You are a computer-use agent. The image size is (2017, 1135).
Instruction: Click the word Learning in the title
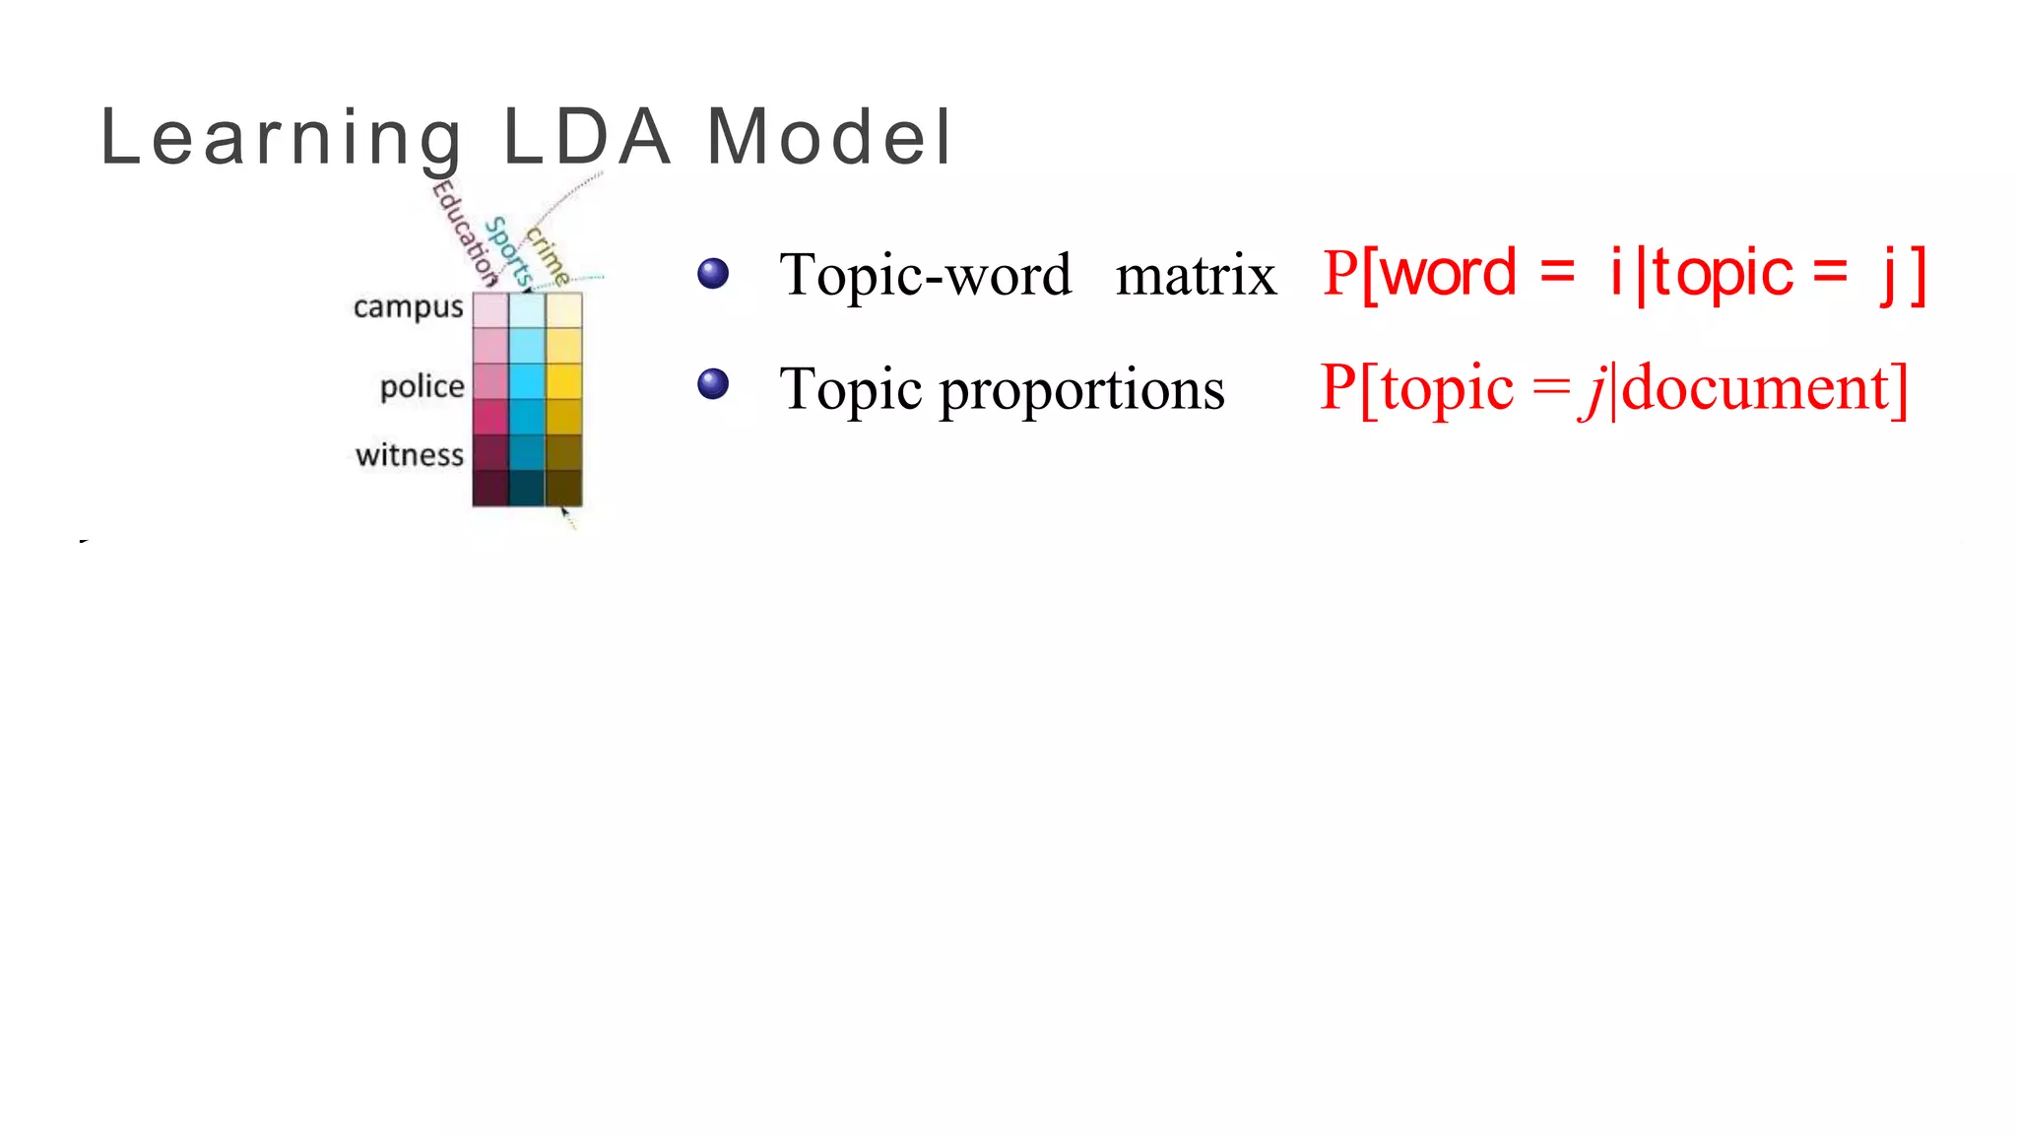282,138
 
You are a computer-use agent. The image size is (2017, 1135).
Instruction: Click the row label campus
408,307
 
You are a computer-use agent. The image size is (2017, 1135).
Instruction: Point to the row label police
422,386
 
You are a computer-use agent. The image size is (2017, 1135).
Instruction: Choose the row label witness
409,455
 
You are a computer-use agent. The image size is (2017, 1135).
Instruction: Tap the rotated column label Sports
509,252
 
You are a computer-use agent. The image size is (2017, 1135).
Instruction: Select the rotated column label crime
547,254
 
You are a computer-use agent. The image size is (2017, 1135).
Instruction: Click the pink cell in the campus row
490,310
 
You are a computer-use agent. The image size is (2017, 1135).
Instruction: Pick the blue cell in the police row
527,381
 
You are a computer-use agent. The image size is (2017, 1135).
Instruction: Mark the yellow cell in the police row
563,381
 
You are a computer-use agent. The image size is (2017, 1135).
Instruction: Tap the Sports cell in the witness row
527,452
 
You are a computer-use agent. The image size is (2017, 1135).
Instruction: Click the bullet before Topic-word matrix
713,273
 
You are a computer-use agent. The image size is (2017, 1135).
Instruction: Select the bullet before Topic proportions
713,384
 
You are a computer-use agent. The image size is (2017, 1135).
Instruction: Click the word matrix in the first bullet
1196,275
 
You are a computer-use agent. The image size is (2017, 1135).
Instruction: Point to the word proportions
1081,390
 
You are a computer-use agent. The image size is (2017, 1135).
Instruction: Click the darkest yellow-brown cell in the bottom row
563,488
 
